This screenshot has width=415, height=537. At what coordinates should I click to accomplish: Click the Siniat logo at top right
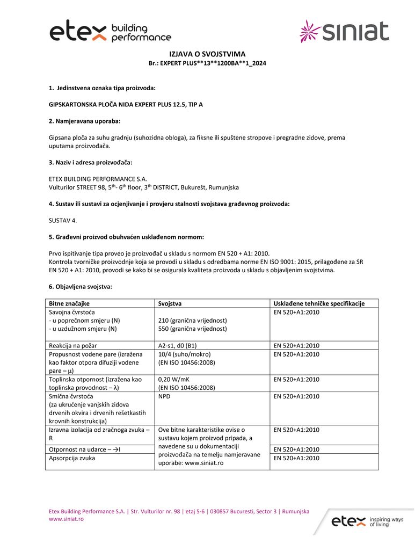tap(344, 32)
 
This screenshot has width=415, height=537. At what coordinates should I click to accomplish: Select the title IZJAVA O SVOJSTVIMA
tap(207, 54)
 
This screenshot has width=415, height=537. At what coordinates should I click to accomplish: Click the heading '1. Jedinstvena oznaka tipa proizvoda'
tap(102, 88)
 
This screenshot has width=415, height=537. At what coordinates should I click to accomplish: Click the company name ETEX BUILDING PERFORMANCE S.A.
tap(98, 179)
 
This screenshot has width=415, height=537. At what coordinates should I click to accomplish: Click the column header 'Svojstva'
tap(170, 303)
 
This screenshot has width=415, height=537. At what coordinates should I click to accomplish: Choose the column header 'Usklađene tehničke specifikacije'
tap(319, 303)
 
